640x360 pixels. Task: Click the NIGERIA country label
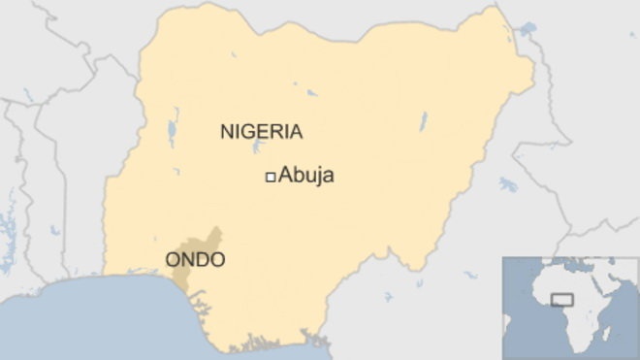pyautogui.click(x=262, y=131)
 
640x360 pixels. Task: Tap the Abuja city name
pyautogui.click(x=306, y=177)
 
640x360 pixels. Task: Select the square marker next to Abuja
pyautogui.click(x=271, y=177)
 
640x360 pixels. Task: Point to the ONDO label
pyautogui.click(x=195, y=260)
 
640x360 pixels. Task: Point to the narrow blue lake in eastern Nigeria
pyautogui.click(x=423, y=122)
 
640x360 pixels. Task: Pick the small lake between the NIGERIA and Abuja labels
pyautogui.click(x=257, y=147)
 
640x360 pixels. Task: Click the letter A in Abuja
pyautogui.click(x=285, y=177)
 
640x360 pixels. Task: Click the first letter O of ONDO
pyautogui.click(x=173, y=260)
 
